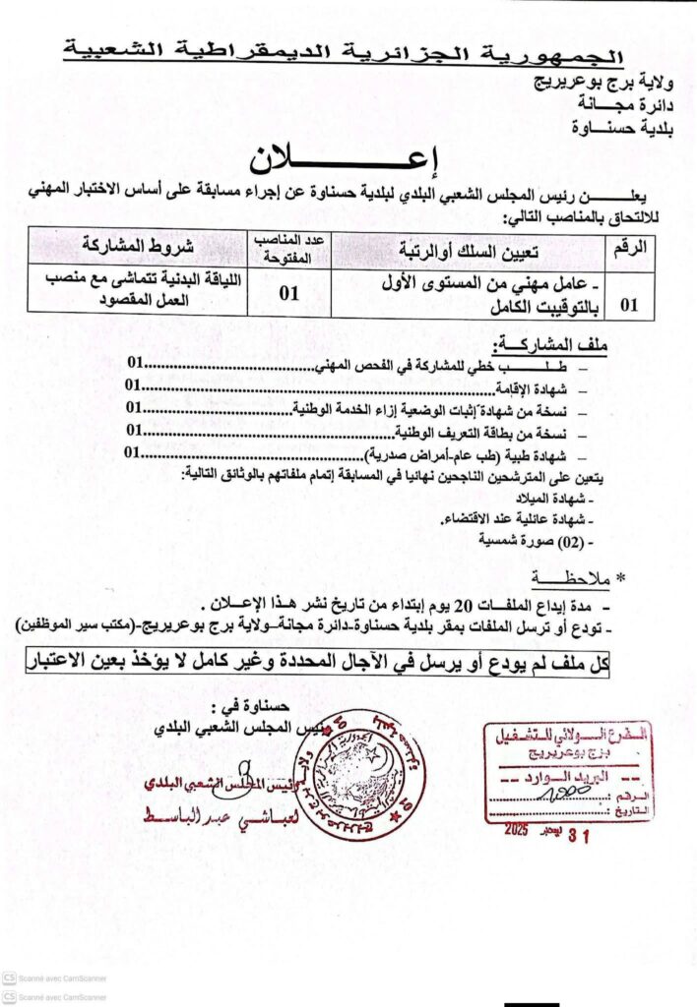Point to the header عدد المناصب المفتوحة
289,248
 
